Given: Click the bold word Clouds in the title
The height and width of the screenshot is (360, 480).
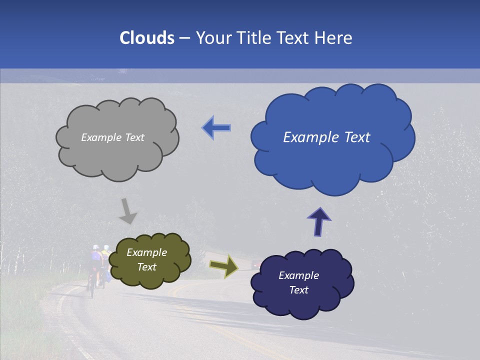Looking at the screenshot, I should click(147, 38).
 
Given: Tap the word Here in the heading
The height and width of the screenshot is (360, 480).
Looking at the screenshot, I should click(333, 38).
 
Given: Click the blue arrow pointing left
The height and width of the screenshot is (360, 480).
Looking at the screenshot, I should click(216, 128).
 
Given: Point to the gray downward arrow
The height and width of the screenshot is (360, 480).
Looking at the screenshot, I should click(128, 211).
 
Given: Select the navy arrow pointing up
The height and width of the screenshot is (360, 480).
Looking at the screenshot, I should click(318, 221).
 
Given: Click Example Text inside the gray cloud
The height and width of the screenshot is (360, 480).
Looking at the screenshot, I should click(112, 137).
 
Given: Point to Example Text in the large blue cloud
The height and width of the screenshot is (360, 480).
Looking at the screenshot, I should click(326, 137).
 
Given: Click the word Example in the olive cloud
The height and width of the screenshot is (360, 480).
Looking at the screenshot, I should click(146, 252).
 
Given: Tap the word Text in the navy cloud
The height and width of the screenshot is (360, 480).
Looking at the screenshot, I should click(298, 290).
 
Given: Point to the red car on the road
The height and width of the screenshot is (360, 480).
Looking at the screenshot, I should click(256, 263).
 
